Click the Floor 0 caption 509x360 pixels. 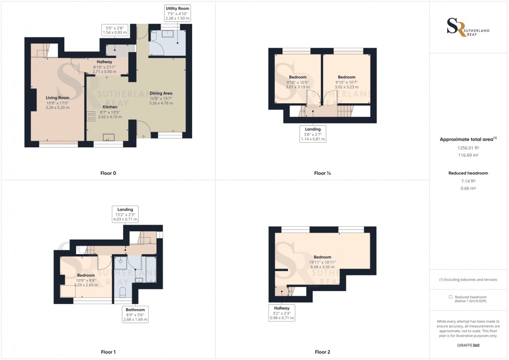[108, 173]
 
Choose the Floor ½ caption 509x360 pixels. [322, 173]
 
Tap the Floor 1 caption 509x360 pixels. [108, 352]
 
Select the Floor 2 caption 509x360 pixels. [322, 352]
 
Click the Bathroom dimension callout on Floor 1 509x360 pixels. [136, 314]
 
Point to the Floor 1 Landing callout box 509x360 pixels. [125, 214]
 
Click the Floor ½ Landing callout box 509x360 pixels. [313, 134]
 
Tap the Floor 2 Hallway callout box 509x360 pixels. [282, 313]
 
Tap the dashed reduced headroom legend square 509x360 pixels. [451, 297]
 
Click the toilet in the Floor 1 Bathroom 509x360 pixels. [123, 295]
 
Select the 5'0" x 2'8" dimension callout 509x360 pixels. [115, 29]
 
